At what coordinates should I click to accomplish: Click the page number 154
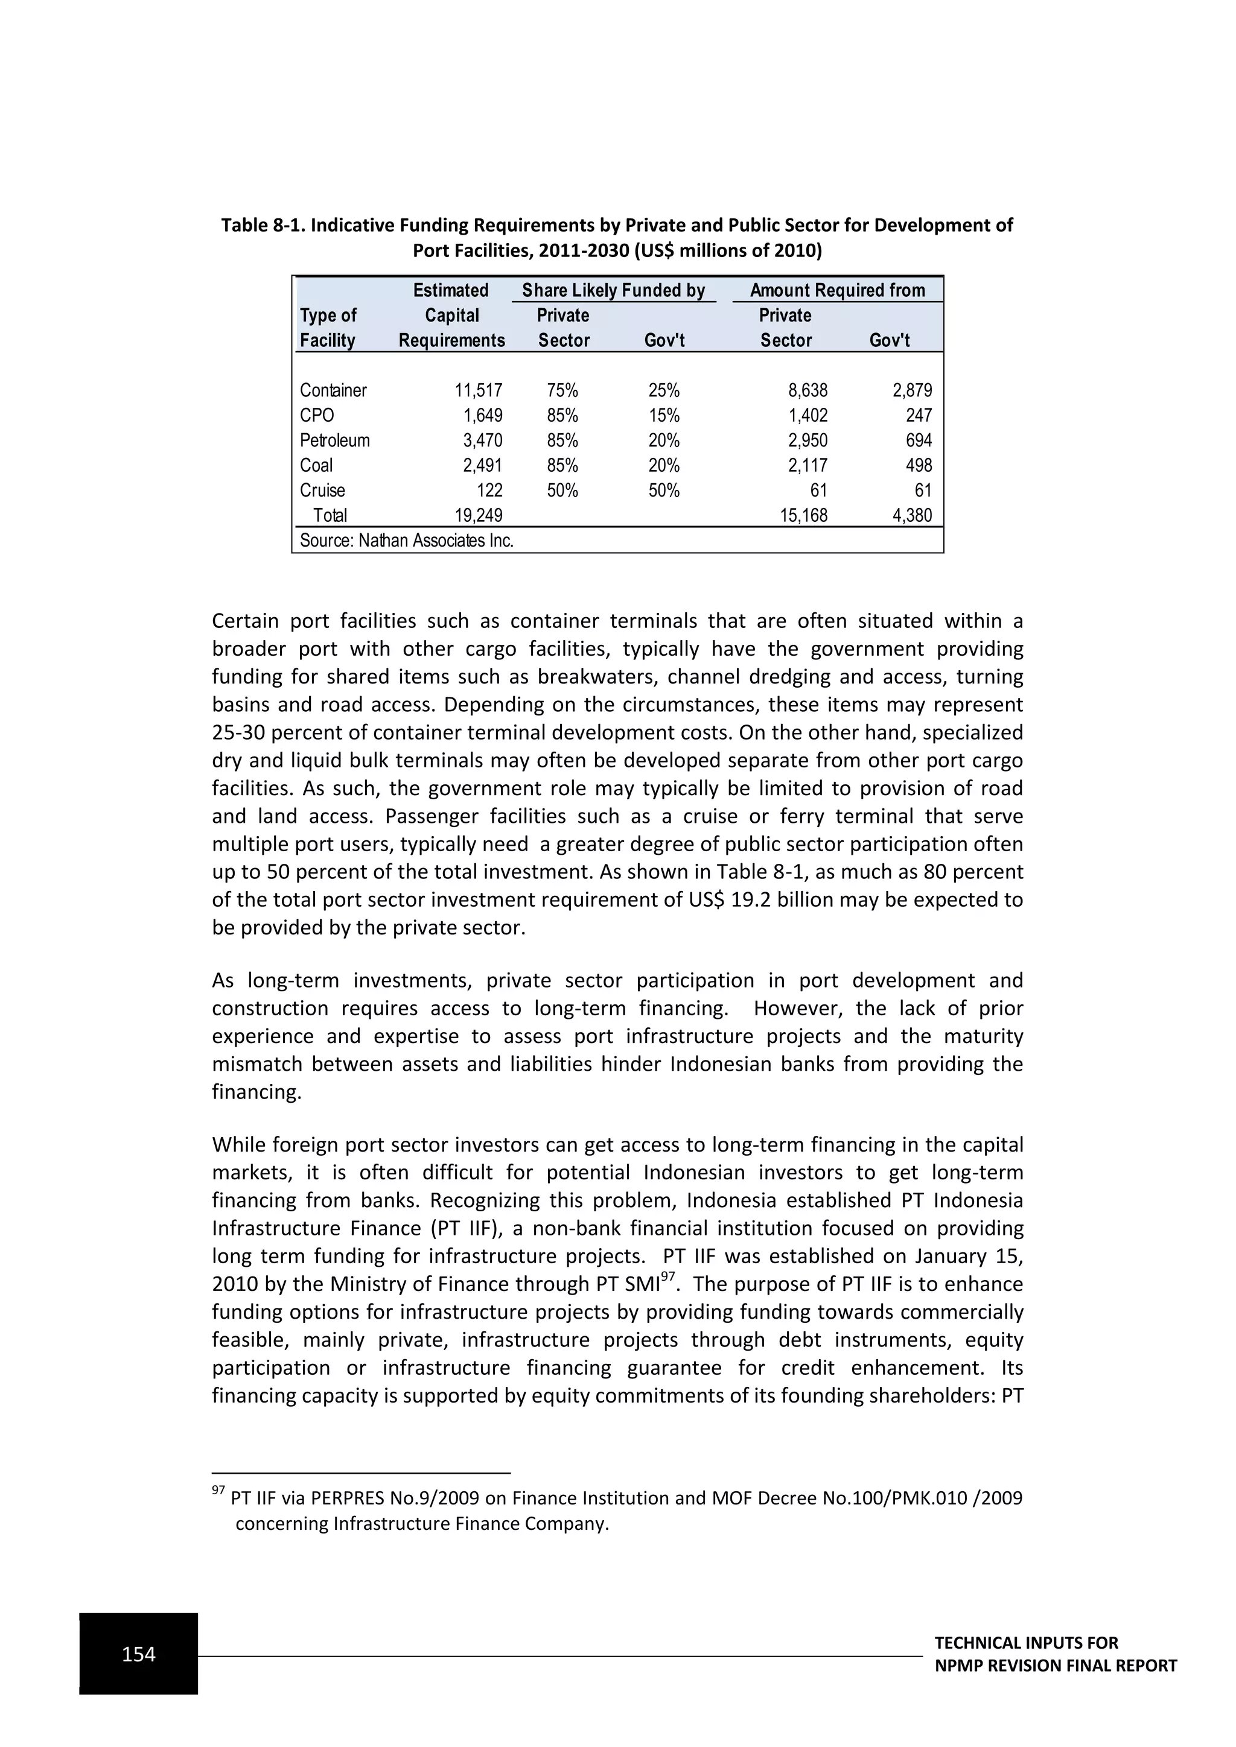point(139,1653)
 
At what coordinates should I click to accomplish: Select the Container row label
point(333,390)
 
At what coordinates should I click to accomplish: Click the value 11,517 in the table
point(478,390)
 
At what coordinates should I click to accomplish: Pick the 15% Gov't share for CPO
point(664,416)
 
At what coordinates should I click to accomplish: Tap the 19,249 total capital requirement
point(478,515)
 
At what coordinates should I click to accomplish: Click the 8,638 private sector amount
point(807,390)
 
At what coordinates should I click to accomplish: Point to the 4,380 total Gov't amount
point(911,515)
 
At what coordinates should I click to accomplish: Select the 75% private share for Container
point(562,390)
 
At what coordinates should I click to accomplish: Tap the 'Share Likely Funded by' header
point(613,290)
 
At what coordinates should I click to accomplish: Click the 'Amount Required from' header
point(837,290)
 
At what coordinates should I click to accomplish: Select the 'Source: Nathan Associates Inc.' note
point(406,541)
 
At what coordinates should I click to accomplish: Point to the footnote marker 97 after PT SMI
point(667,1276)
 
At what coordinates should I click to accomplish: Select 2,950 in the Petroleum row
point(807,440)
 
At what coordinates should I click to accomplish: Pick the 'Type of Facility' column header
point(328,327)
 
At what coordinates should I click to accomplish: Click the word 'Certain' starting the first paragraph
point(245,621)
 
